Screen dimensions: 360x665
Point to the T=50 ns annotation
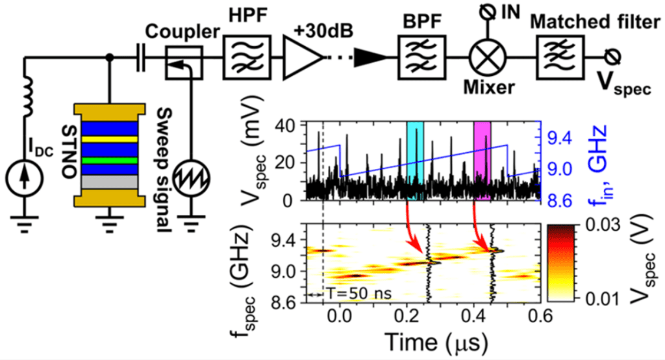click(x=358, y=294)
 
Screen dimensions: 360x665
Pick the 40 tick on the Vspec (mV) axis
click(x=288, y=125)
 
